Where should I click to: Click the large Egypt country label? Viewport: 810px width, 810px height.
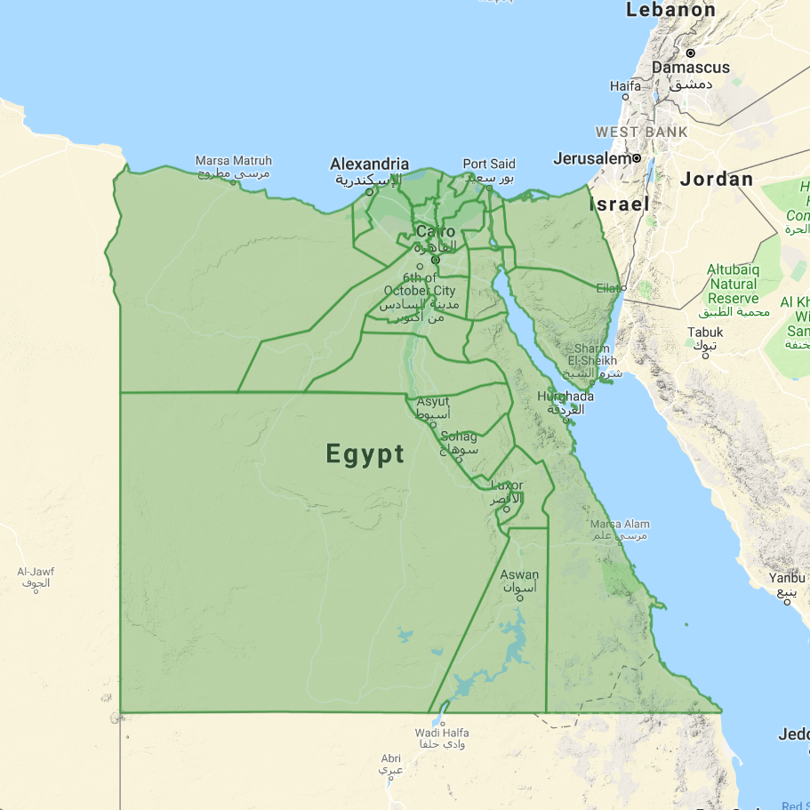tap(365, 454)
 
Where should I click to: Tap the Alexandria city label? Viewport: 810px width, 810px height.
tap(369, 164)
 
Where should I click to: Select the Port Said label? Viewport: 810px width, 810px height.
tap(488, 164)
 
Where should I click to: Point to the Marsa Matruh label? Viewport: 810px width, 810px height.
tap(233, 161)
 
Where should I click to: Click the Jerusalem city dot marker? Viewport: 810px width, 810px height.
tap(637, 158)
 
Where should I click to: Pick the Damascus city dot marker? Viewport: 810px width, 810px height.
tap(690, 52)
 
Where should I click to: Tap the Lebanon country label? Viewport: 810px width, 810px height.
tap(670, 11)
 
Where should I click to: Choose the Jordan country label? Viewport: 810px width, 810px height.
tap(717, 180)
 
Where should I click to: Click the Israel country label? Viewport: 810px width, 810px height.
tap(619, 205)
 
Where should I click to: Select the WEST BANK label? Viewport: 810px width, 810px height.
tap(641, 132)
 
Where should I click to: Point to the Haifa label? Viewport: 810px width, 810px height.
tap(625, 86)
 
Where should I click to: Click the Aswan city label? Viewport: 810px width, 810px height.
tap(519, 575)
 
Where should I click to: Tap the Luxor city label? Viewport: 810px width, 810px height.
tap(507, 485)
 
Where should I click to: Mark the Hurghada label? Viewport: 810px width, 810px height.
tap(565, 396)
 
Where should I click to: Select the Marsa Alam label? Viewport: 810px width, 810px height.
tap(620, 525)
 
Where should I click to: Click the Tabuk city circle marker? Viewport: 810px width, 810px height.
tap(705, 355)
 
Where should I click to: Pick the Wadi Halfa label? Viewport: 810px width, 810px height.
tap(442, 733)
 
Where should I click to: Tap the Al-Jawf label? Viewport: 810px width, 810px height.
tap(36, 572)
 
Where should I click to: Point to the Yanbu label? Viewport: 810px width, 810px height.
tap(786, 578)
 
